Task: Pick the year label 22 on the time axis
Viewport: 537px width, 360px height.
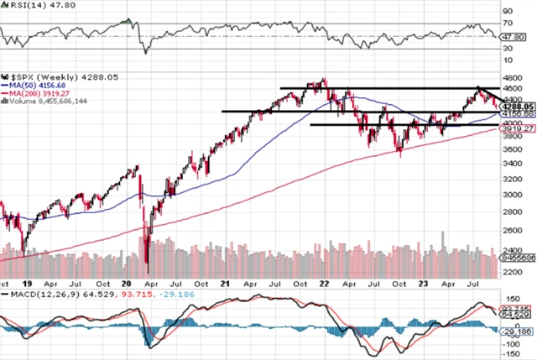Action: point(324,284)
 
